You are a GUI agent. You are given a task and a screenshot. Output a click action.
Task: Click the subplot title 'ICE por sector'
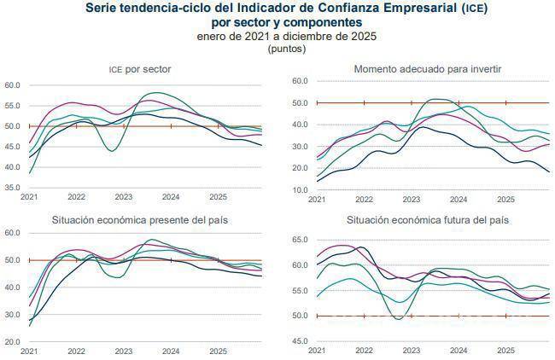141,68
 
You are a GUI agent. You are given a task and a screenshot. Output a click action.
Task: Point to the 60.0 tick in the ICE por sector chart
14,85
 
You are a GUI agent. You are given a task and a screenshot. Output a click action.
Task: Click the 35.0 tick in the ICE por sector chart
14,187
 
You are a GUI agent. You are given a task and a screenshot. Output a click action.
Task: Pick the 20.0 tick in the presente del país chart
14,341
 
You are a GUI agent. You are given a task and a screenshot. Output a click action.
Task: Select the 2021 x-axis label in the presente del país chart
29,351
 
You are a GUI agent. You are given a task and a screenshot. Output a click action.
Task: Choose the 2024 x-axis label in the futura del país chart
459,351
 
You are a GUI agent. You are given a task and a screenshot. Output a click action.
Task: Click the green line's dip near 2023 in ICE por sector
112,151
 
